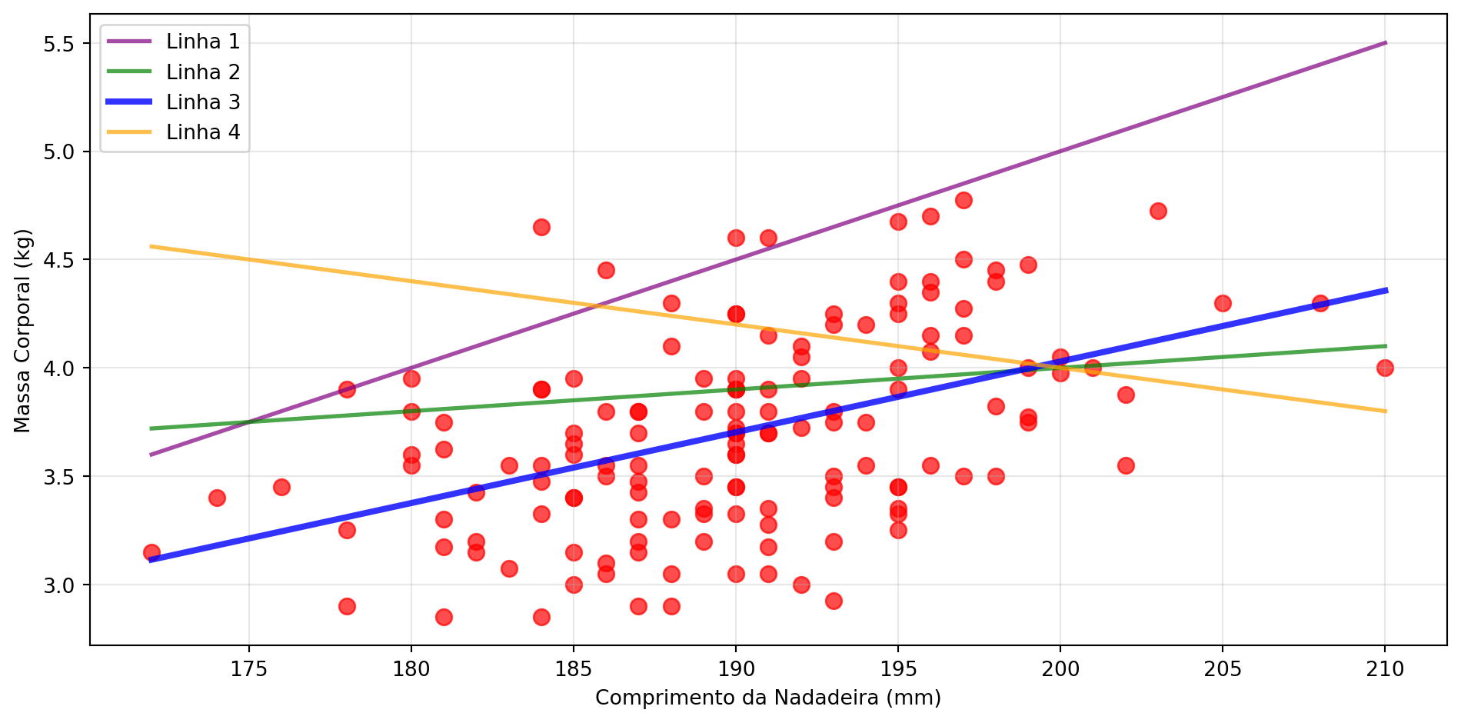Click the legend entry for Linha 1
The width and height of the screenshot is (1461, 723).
(x=203, y=42)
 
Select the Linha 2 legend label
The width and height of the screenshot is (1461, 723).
(x=203, y=72)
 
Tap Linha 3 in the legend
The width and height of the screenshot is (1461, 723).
(x=203, y=102)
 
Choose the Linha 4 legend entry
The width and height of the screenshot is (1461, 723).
(x=203, y=132)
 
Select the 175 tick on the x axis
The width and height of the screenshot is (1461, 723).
(x=248, y=669)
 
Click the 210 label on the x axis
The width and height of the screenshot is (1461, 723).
(x=1385, y=669)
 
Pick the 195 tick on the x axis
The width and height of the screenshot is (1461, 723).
(x=898, y=669)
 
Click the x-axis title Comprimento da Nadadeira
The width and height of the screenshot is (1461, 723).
(x=767, y=698)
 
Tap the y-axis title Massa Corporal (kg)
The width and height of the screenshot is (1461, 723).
(x=22, y=331)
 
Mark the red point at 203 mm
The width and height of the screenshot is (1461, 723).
(x=1158, y=211)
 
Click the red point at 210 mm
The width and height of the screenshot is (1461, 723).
(x=1385, y=368)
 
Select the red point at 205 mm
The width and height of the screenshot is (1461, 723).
(x=1223, y=303)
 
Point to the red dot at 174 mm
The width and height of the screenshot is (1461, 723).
(x=217, y=498)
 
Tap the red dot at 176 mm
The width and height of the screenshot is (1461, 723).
(x=281, y=487)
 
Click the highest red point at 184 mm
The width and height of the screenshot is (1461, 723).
(x=541, y=227)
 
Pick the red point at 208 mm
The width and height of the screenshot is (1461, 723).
(x=1320, y=303)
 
